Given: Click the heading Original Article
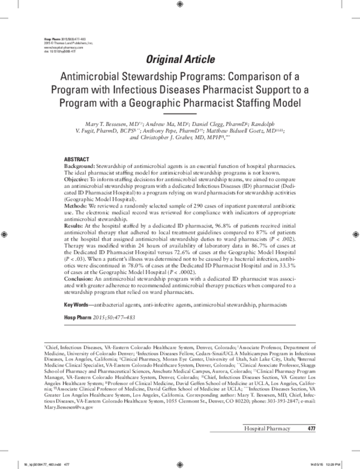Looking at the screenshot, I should (x=179, y=58).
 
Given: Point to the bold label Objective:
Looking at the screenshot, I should (x=79, y=179).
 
